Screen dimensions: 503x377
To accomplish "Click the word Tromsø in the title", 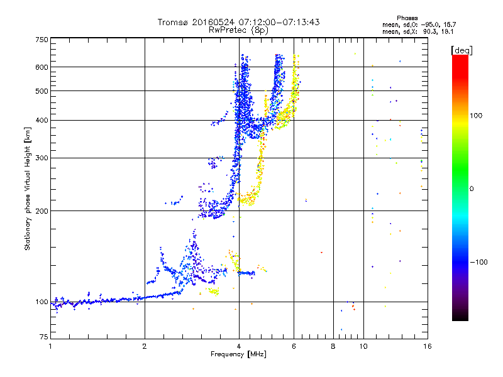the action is point(174,22).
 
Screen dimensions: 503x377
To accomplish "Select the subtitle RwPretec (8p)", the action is point(238,30).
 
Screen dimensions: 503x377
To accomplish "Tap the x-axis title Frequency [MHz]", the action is point(238,354).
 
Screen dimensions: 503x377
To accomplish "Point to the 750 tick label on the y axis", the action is point(42,40).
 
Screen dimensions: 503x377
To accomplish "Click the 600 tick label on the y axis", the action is point(42,67).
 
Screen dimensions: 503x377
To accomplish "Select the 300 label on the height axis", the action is point(42,158).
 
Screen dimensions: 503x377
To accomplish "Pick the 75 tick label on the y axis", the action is point(44,337).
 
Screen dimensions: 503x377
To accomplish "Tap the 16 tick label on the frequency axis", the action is point(427,346).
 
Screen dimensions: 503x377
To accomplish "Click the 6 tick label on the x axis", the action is point(294,346).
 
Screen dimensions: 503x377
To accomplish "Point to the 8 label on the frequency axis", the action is point(333,346).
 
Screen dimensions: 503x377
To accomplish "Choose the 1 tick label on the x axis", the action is point(51,346).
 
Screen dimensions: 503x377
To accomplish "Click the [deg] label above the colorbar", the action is point(462,50).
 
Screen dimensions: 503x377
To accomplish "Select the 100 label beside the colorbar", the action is point(476,116).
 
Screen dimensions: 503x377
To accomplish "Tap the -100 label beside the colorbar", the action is point(479,262).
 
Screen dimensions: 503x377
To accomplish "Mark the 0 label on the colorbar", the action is point(472,189).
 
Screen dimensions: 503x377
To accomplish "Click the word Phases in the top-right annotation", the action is point(407,18).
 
